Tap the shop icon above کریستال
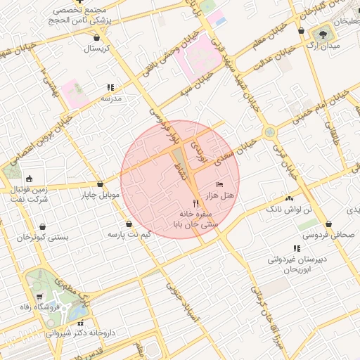pyautogui.click(x=96, y=37)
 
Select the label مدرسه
pyautogui.click(x=111, y=98)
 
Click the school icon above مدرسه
pyautogui.click(x=110, y=88)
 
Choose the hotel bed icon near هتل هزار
pyautogui.click(x=220, y=184)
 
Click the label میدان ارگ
pyautogui.click(x=325, y=45)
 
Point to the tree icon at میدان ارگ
pyautogui.click(x=324, y=33)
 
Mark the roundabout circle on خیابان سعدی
pyautogui.click(x=269, y=132)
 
